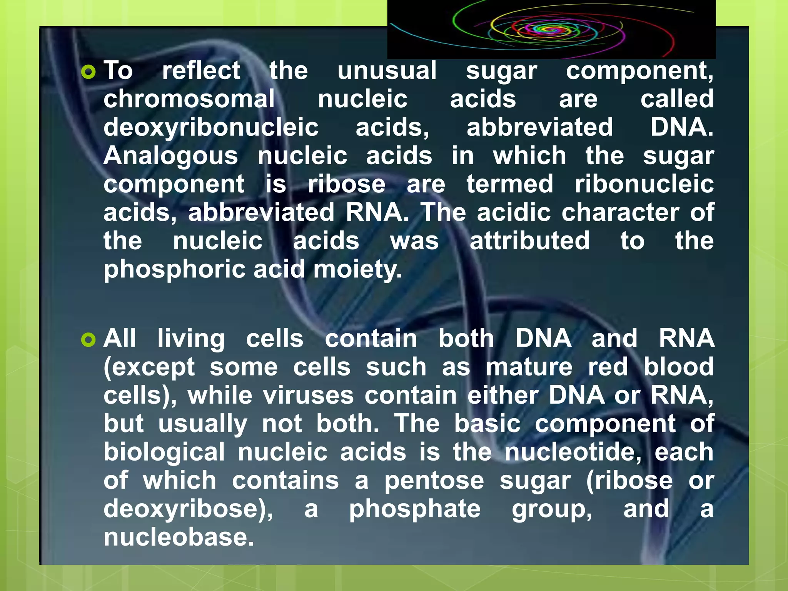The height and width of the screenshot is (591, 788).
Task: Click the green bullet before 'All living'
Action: [88, 340]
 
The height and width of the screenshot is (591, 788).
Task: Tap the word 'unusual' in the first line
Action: [387, 71]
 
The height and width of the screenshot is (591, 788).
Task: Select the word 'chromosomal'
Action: [189, 99]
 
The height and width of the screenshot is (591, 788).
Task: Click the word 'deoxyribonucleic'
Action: [211, 128]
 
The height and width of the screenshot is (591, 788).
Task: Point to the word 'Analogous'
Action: [170, 156]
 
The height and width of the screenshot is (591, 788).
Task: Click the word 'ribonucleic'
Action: [644, 184]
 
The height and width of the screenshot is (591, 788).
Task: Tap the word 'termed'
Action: [510, 184]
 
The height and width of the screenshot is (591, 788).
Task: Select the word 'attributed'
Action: [529, 241]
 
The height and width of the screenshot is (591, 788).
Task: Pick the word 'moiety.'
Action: [357, 269]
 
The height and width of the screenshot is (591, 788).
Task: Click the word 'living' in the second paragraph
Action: [191, 339]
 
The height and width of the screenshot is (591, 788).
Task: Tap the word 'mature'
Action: [529, 367]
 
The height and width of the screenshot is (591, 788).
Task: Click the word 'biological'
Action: [164, 452]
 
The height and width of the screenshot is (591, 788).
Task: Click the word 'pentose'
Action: [434, 481]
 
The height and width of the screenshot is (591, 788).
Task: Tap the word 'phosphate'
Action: [415, 509]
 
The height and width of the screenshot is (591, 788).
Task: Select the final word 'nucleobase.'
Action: [179, 537]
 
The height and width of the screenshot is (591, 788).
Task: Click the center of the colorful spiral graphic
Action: [551, 29]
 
